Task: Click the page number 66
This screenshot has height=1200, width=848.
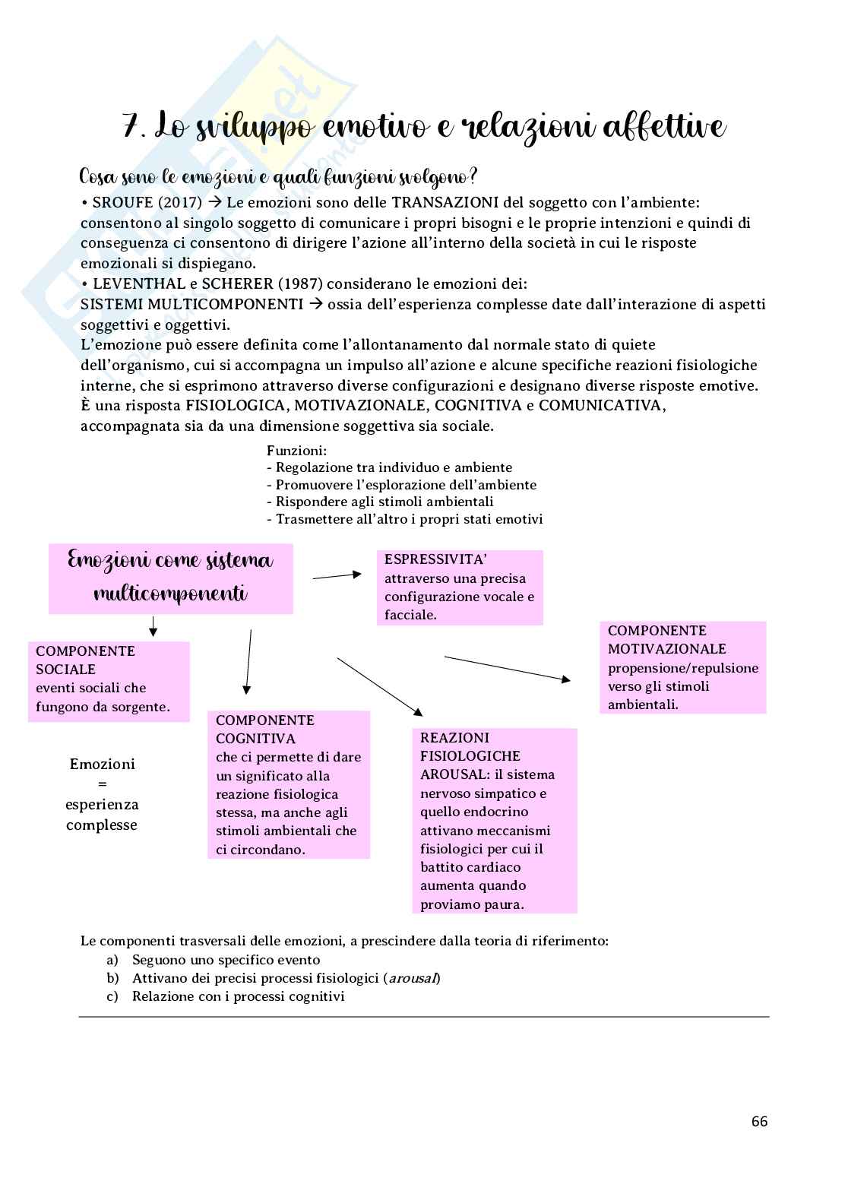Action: (759, 1121)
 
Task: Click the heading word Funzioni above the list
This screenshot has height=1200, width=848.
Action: (296, 451)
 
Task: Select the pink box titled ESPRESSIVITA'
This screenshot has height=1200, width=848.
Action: (460, 587)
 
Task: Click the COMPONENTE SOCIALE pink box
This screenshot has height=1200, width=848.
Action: (109, 681)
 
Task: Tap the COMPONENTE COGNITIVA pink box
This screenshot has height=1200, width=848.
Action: (289, 784)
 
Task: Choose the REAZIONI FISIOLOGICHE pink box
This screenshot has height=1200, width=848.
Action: (495, 821)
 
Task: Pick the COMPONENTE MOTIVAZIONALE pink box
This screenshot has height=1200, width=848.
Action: (683, 667)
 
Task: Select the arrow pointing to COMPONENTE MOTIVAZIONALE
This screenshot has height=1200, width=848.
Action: (507, 668)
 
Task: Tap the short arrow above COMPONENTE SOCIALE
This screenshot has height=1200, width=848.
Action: (153, 626)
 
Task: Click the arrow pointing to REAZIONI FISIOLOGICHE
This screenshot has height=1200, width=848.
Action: (380, 686)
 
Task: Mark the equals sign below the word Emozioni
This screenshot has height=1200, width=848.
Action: (102, 784)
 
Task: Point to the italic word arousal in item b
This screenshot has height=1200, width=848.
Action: (413, 978)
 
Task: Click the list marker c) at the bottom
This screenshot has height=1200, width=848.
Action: (112, 996)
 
